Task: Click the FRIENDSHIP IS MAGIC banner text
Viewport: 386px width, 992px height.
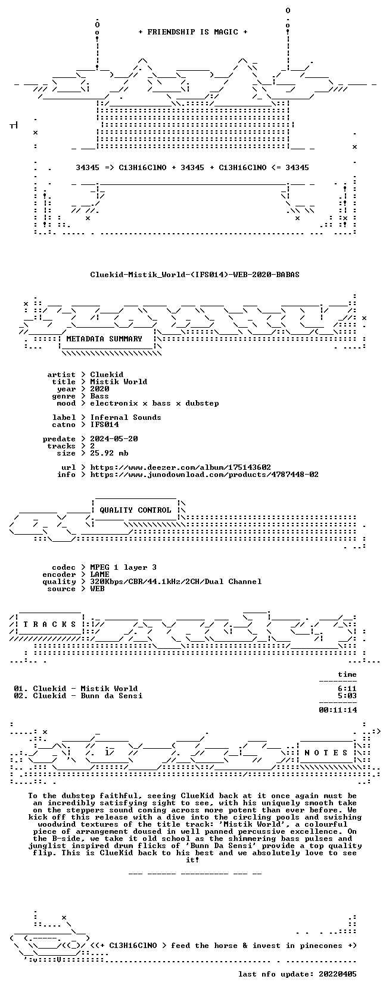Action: click(x=193, y=32)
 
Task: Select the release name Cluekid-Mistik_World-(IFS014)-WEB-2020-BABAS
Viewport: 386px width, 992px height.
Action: click(x=195, y=275)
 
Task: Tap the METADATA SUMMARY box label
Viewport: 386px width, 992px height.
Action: click(x=104, y=339)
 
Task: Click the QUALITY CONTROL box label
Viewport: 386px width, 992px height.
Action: click(x=135, y=510)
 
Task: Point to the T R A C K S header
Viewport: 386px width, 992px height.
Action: click(x=49, y=624)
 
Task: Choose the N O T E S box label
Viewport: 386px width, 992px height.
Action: click(x=326, y=753)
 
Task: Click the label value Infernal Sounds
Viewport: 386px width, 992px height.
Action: click(x=126, y=417)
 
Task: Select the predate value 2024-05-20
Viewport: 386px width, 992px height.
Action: click(x=114, y=439)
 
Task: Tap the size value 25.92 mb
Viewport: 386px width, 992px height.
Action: click(x=109, y=453)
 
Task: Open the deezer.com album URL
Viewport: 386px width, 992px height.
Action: click(x=180, y=467)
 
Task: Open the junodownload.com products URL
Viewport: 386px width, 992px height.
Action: click(x=204, y=475)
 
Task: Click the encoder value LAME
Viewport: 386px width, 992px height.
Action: click(x=100, y=575)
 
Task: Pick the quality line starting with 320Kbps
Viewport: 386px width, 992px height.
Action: click(x=176, y=582)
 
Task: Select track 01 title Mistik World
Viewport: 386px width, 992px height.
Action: click(x=109, y=689)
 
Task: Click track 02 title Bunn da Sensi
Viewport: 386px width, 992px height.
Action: click(x=111, y=696)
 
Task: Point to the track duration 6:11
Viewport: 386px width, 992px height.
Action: click(x=347, y=689)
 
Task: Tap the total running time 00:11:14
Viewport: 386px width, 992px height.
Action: click(x=338, y=710)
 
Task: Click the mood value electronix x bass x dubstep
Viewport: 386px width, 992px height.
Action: click(x=154, y=403)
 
